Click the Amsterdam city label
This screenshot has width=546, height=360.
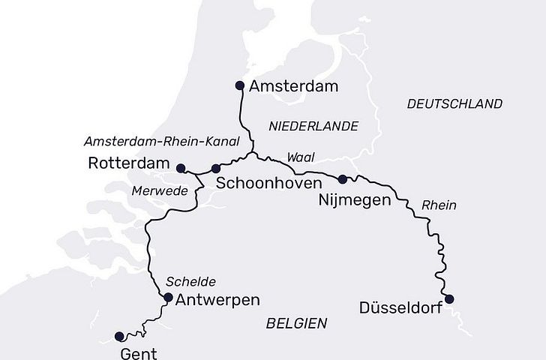[294, 86]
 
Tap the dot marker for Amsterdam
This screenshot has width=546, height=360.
[240, 85]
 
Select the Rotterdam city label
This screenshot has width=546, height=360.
[129, 163]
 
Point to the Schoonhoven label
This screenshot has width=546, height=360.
[268, 183]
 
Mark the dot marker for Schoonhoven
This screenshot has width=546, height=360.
[216, 168]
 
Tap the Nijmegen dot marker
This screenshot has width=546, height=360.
[343, 178]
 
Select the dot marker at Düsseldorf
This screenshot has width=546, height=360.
[449, 299]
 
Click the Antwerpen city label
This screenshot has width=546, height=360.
[217, 300]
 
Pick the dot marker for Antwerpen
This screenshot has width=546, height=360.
[168, 298]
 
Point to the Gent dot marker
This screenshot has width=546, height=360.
[118, 336]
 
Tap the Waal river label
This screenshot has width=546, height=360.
[301, 157]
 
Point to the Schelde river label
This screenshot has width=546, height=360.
[191, 282]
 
